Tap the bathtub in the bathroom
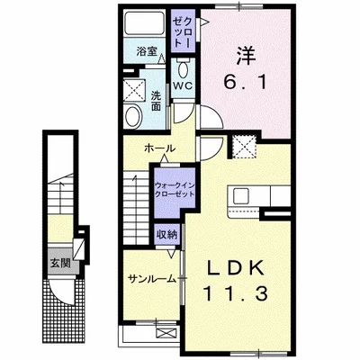coord(143,23)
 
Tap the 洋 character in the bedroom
coord(243,54)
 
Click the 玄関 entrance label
coord(60,265)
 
